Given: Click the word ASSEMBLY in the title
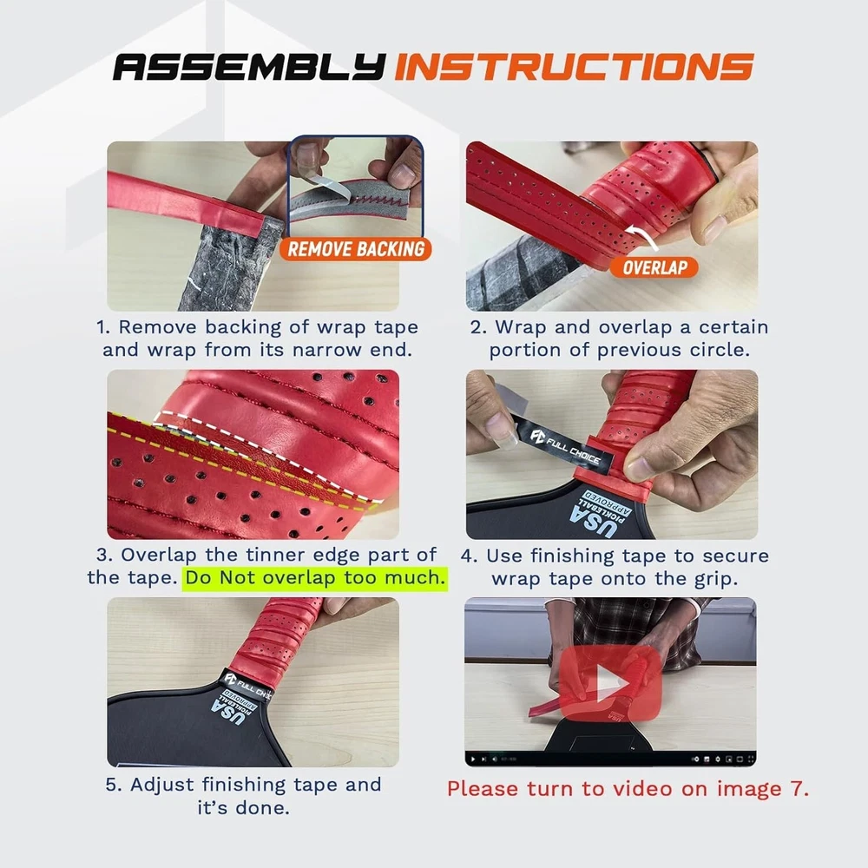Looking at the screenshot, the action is tap(249, 67).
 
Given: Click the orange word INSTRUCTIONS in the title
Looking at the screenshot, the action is tap(574, 67).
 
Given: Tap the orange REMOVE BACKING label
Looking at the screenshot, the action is tap(356, 249).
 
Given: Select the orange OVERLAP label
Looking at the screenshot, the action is tap(654, 267).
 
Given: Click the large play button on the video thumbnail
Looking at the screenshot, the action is tap(610, 683).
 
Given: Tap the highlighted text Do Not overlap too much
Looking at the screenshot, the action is tap(315, 578).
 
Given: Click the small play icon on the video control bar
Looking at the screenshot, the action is tap(472, 759).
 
